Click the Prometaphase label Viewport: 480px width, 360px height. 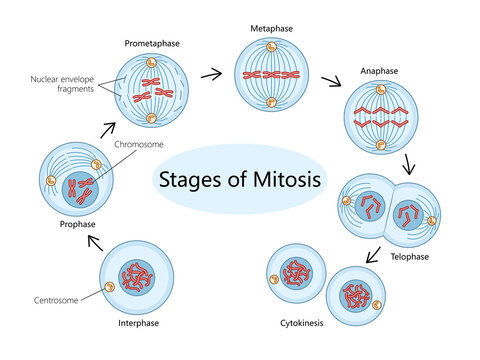(151, 44)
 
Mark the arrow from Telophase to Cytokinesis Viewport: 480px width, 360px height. (373, 255)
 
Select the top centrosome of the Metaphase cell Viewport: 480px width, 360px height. (272, 46)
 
